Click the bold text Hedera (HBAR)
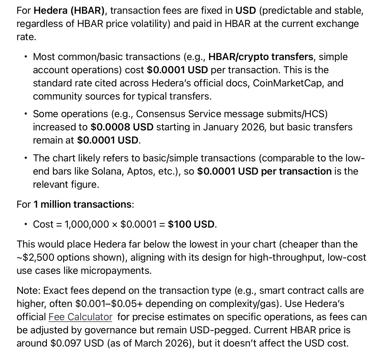tap(69, 11)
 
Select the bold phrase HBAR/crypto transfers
tap(261, 57)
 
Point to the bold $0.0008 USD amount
tap(122, 127)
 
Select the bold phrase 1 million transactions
tap(82, 204)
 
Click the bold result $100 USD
tap(191, 224)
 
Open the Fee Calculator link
tap(80, 317)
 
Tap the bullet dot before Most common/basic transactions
tap(26, 57)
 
